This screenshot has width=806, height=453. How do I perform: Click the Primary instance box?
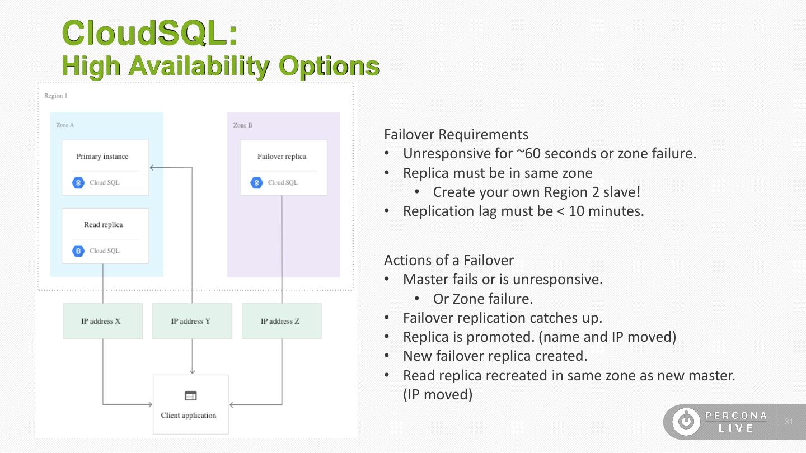[105, 167]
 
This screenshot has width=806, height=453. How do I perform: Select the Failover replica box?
[283, 167]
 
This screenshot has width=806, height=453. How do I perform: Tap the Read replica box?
[105, 235]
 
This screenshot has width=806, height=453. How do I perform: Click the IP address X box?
[102, 321]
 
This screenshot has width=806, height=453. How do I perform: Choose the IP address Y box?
[192, 321]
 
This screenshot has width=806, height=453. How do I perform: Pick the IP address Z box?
[282, 321]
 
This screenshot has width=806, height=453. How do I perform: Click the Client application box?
[191, 404]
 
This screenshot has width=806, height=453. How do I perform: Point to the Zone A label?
[65, 125]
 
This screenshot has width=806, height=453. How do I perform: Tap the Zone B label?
[243, 125]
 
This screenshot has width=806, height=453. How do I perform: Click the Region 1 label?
[55, 96]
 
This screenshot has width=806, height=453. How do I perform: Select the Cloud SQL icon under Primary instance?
[78, 183]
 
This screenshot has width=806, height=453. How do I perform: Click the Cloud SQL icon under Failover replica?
[256, 183]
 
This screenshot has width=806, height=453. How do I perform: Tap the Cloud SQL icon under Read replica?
[78, 251]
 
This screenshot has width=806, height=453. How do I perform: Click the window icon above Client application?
[191, 396]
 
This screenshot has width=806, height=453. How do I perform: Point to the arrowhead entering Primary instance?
[152, 167]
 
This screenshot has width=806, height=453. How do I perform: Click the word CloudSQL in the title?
[150, 33]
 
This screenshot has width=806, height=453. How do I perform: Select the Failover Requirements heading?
[456, 135]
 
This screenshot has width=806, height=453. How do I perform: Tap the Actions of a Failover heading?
[448, 260]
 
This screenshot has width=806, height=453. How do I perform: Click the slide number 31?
[789, 422]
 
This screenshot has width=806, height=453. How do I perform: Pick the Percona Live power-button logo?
[686, 422]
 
